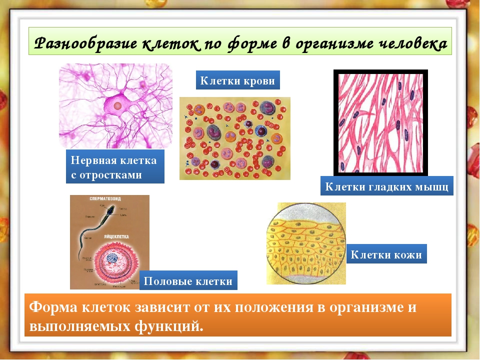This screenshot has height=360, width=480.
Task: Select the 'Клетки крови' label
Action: click(237, 80)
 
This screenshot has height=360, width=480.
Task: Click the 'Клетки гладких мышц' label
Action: click(386, 186)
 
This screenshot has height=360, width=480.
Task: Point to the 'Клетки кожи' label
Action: click(386, 254)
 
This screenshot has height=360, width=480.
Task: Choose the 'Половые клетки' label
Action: click(188, 280)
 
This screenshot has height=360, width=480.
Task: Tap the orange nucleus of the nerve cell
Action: click(117, 106)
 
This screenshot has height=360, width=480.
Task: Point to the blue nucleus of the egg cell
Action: click(112, 258)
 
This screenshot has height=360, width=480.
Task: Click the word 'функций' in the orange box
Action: click(167, 326)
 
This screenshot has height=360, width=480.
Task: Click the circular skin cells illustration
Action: click(305, 243)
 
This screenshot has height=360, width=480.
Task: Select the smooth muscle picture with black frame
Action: click(380, 122)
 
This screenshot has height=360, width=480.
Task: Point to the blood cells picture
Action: click(234, 138)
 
